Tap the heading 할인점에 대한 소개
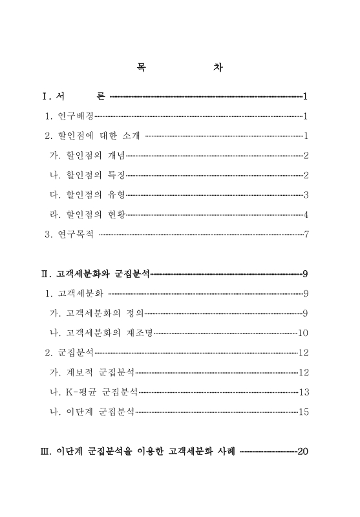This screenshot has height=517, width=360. (93, 136)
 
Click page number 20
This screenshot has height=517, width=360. (303, 450)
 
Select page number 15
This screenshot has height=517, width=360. (304, 412)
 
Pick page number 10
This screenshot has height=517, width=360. (304, 333)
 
